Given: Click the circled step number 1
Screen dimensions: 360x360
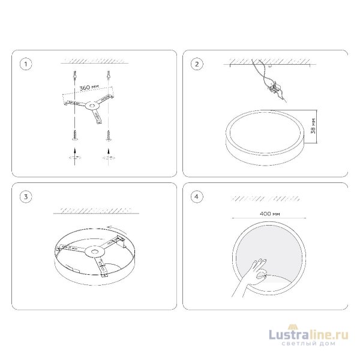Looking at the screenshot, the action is click(x=26, y=64).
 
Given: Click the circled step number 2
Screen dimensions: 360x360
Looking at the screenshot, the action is click(x=197, y=64).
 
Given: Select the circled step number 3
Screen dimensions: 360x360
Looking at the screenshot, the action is click(x=26, y=197).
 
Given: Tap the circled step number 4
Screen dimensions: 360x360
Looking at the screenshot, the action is click(x=197, y=197).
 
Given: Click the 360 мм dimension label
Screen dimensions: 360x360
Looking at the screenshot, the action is click(x=89, y=87).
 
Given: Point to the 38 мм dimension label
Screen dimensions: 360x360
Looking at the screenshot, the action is click(x=313, y=126).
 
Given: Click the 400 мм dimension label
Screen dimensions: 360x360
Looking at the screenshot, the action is click(x=270, y=214).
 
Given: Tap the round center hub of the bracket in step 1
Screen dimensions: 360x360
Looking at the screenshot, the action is click(x=92, y=106).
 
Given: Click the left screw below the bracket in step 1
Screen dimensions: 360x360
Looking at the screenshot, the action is click(x=75, y=135).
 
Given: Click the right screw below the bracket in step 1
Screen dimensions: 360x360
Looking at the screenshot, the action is click(x=109, y=135).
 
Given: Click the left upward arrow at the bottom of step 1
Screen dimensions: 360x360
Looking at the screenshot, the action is click(x=75, y=157).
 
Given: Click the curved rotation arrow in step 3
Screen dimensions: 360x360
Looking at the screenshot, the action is click(x=116, y=229).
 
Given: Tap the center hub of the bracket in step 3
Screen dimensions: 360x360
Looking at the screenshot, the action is click(x=94, y=252).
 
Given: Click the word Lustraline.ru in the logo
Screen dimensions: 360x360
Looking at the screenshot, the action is click(x=308, y=335).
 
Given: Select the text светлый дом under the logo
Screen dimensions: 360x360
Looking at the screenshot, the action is click(x=308, y=344).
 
